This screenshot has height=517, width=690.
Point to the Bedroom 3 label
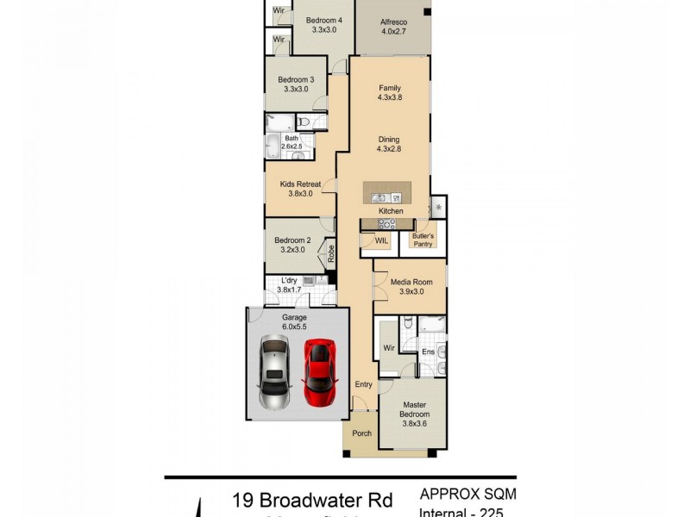(296, 79)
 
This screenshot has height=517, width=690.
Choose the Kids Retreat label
(300, 184)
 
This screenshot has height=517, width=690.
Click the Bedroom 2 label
(292, 240)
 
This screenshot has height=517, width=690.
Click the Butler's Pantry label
(423, 239)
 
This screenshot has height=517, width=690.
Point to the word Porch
(362, 433)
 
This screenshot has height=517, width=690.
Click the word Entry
(363, 384)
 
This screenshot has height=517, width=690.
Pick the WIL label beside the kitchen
(381, 241)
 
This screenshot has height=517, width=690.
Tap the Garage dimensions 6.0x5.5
(294, 327)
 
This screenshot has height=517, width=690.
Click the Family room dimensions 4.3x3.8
(390, 97)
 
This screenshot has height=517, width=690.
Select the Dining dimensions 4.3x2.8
(390, 148)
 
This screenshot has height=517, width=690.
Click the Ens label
(428, 352)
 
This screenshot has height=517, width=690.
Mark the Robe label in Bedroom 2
(330, 253)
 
